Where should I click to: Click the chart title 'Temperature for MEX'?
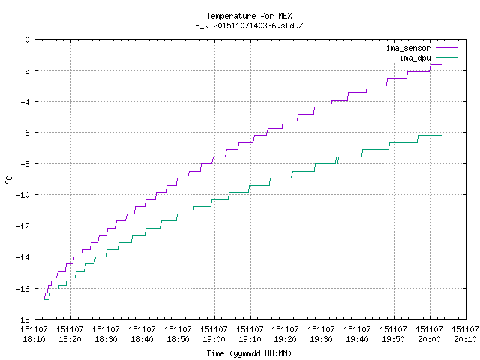click(249, 16)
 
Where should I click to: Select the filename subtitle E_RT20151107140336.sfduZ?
click(249, 25)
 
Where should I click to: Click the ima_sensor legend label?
click(408, 48)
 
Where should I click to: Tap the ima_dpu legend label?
click(415, 58)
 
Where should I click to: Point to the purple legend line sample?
click(446, 48)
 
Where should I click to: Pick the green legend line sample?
click(446, 57)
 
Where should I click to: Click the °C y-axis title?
click(9, 180)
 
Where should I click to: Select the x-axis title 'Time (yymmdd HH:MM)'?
click(249, 353)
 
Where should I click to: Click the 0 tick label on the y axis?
click(28, 40)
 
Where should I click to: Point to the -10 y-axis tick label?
click(22, 195)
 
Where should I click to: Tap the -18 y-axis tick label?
click(22, 319)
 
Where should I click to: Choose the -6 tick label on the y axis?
click(25, 133)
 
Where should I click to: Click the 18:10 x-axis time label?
click(34, 339)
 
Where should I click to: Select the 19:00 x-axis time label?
click(214, 339)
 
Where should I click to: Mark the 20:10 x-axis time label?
click(465, 339)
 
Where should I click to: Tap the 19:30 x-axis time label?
click(321, 339)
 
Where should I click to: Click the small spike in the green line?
click(337, 160)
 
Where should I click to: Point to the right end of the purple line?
click(442, 64)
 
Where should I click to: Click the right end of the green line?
click(442, 135)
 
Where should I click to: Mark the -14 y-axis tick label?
click(22, 257)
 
